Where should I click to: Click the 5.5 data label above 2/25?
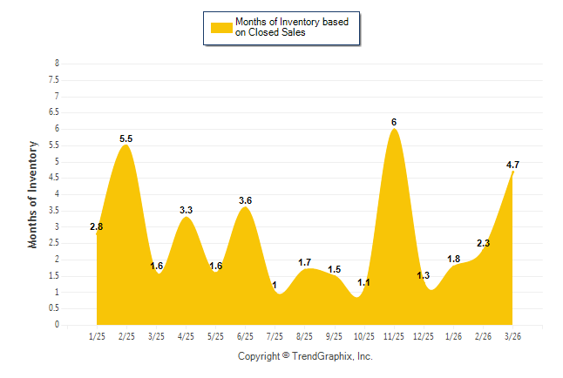(125, 138)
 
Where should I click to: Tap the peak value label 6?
(394, 122)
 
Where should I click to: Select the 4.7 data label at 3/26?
(512, 165)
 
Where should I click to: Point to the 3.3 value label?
(186, 211)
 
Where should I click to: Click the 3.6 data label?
(245, 201)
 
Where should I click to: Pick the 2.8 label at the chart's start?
(97, 227)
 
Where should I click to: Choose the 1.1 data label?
(364, 283)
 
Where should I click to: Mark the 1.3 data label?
(424, 276)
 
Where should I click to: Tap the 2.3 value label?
(484, 244)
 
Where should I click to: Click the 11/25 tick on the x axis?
(394, 334)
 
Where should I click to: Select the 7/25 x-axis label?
(275, 334)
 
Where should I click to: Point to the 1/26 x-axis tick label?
(453, 334)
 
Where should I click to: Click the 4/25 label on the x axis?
(186, 334)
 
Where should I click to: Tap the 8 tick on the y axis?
(57, 64)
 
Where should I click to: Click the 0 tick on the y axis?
(57, 325)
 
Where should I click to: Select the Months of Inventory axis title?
(33, 194)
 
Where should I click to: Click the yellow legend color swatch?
(221, 27)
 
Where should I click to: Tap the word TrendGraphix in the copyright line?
(322, 356)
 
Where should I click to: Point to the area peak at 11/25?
(394, 131)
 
